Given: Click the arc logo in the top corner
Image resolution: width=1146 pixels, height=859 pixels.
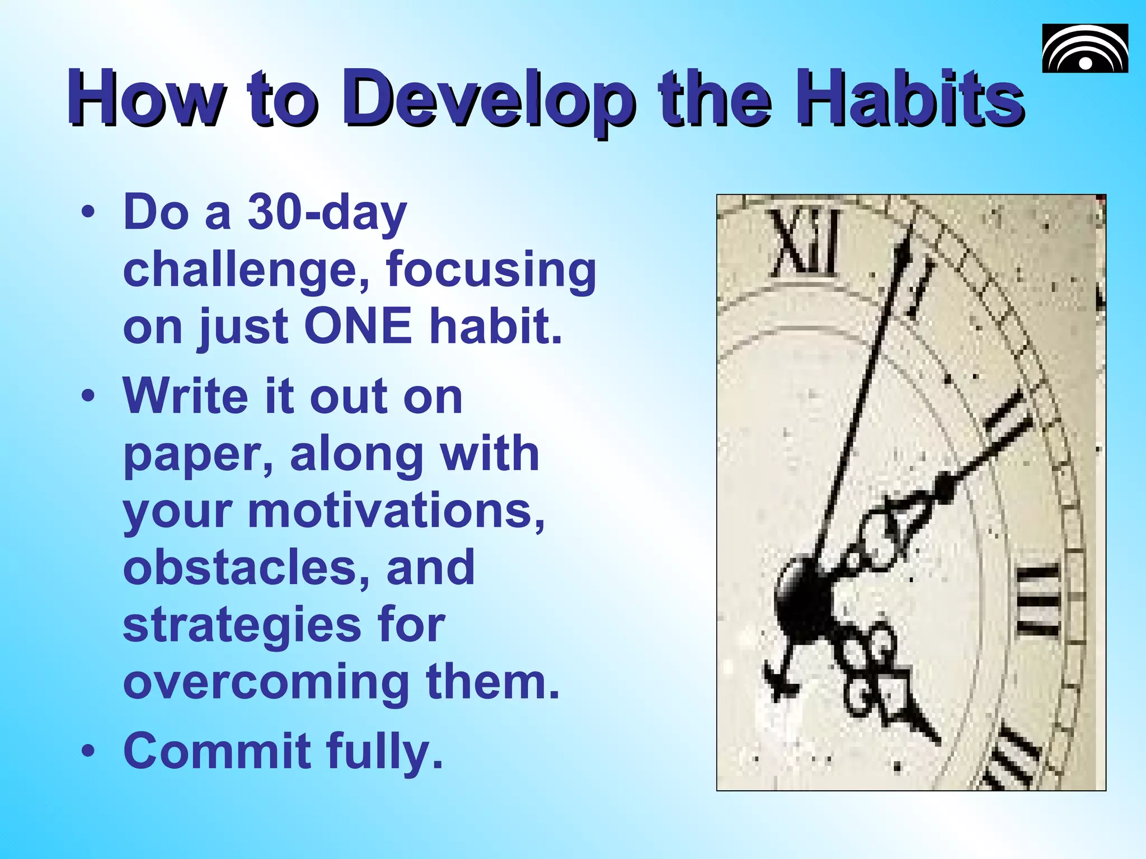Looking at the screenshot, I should coord(1084,49).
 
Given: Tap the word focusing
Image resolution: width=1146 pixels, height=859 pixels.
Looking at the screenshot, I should coord(491,271).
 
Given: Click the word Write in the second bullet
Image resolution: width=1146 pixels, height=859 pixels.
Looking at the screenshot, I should coord(185,396).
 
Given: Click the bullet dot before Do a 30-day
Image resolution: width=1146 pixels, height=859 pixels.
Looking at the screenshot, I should coord(88,213).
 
